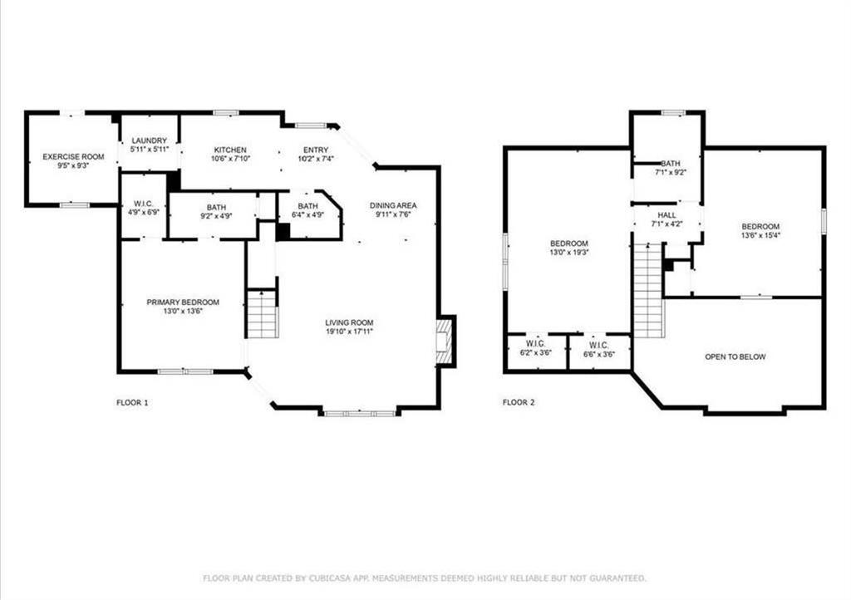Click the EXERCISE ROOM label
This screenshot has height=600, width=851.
pyautogui.click(x=73, y=157)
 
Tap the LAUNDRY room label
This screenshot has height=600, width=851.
pyautogui.click(x=150, y=140)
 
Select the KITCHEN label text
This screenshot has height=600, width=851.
pyautogui.click(x=230, y=150)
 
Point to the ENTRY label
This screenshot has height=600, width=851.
pyautogui.click(x=316, y=150)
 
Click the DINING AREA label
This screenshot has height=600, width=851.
pyautogui.click(x=393, y=205)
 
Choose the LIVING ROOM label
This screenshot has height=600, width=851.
pyautogui.click(x=350, y=322)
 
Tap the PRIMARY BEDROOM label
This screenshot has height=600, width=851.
pyautogui.click(x=183, y=302)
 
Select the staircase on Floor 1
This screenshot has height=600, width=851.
pyautogui.click(x=263, y=314)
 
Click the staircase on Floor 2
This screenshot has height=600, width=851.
pyautogui.click(x=649, y=290)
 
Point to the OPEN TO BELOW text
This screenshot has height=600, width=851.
pyautogui.click(x=735, y=357)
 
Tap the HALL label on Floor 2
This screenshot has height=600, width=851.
pyautogui.click(x=667, y=215)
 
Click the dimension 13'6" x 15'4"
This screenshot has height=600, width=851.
pyautogui.click(x=761, y=235)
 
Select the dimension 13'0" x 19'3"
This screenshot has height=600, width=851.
pyautogui.click(x=568, y=253)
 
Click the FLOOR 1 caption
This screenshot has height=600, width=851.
pyautogui.click(x=132, y=402)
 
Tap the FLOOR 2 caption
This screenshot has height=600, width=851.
pyautogui.click(x=519, y=402)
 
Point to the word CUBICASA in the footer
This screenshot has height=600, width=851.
pyautogui.click(x=328, y=578)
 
